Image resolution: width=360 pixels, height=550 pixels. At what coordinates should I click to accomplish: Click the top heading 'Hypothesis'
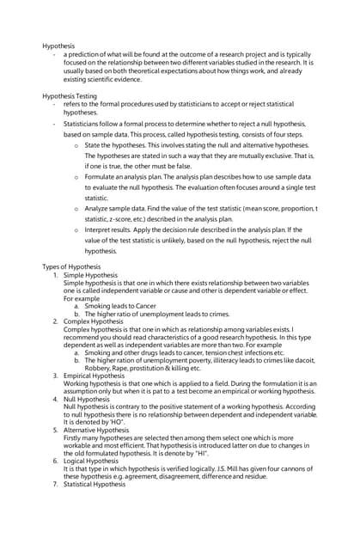(x=59, y=45)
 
